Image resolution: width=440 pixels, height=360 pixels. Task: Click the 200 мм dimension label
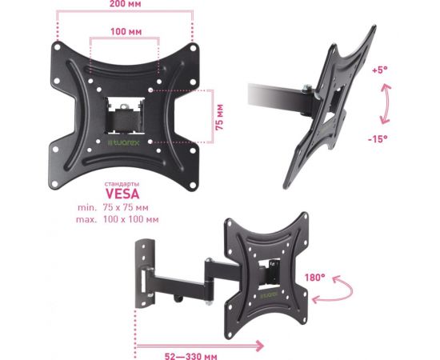pos(125,4)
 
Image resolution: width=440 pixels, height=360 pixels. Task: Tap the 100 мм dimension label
pos(126,31)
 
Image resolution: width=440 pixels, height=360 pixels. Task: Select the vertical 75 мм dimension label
pos(220,117)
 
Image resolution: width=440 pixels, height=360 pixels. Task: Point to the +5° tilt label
pos(380,70)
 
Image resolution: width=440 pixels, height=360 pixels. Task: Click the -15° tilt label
pos(378,138)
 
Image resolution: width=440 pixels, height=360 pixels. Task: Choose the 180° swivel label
pos(315,278)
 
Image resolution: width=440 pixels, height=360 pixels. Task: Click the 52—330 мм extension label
pos(191,356)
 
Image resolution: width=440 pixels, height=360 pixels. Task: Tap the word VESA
pos(122,194)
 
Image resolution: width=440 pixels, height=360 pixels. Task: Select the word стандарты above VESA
pos(122,184)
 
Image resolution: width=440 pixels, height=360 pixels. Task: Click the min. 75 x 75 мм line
pos(113,208)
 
